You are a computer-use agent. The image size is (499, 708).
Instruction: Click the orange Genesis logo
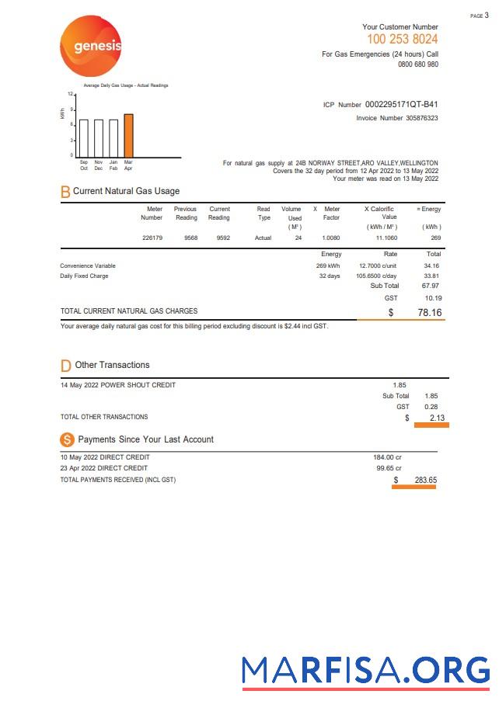point(91,47)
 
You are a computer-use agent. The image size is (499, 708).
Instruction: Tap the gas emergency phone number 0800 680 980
point(417,64)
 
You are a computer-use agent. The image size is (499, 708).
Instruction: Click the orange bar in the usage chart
point(128,135)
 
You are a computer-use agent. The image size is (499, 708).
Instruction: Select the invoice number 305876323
point(421,118)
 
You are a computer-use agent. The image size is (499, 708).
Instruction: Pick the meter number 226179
point(152,238)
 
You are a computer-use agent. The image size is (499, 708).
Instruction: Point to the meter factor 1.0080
point(331,238)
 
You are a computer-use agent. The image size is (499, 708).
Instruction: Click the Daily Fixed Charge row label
point(84,276)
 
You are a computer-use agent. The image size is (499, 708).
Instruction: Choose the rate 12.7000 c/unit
point(378,265)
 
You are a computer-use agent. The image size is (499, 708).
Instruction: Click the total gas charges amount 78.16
point(429,312)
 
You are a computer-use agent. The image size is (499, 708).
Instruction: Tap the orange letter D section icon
point(65,366)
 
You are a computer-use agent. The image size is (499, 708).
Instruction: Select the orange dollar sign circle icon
point(67,439)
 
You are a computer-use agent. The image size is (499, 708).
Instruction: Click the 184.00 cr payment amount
point(387,457)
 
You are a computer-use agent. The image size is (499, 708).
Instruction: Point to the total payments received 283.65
point(425,480)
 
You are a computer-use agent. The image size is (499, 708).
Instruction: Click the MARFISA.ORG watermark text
point(365,669)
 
